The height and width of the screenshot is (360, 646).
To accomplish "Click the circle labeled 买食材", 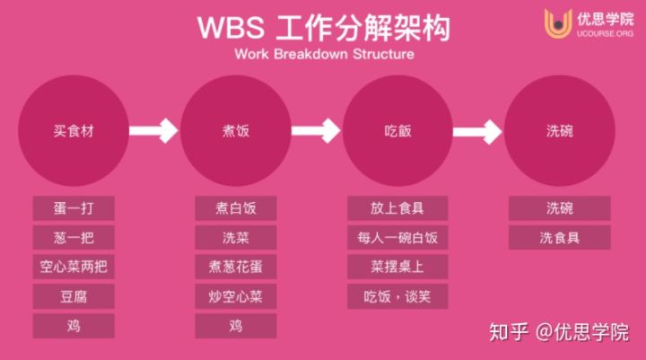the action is (x=74, y=131).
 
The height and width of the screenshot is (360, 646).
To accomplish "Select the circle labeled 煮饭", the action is (x=235, y=131).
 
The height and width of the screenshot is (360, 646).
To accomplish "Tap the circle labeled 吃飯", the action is (x=397, y=131).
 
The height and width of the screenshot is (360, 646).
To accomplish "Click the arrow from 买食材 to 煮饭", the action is (x=154, y=131).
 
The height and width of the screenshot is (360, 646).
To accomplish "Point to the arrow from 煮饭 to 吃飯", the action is (x=317, y=131).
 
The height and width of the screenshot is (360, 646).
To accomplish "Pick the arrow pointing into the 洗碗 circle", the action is (x=479, y=131).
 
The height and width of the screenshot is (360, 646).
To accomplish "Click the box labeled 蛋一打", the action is (x=74, y=208).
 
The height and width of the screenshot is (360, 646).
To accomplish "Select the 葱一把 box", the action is (x=74, y=238).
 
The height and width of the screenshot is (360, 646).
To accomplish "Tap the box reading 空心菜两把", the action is (x=74, y=267).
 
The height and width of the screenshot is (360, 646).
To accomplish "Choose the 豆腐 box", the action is (x=74, y=295).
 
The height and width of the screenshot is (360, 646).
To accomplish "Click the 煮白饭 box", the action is (x=235, y=208).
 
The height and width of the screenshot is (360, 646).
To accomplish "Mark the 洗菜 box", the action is (x=235, y=238).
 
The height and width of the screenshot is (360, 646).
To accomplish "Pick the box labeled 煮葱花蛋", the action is (x=235, y=267).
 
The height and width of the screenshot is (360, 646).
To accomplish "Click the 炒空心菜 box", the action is (x=235, y=295).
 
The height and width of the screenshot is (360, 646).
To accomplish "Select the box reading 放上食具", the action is (x=397, y=208).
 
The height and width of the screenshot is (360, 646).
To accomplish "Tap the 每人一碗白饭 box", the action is (x=397, y=238).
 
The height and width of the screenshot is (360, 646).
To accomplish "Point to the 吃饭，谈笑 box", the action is (x=397, y=295).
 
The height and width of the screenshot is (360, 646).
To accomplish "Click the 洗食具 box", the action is (x=559, y=238).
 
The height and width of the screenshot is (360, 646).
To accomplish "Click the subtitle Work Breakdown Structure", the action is (x=323, y=52).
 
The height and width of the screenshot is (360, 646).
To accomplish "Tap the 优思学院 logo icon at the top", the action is (x=559, y=23).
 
